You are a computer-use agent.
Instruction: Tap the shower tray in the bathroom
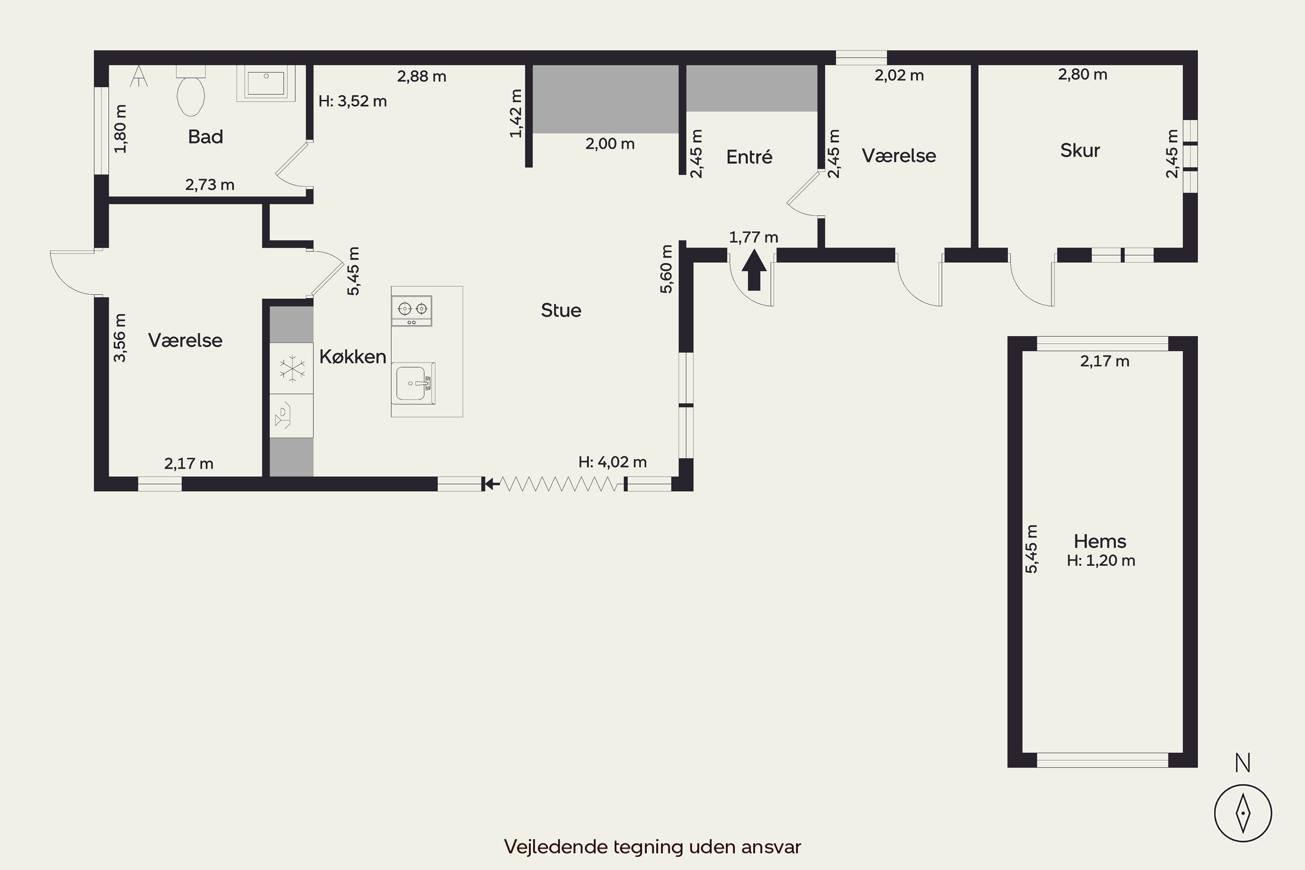(x=266, y=83)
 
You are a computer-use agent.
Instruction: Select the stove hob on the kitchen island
(x=412, y=311)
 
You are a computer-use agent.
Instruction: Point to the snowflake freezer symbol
(x=292, y=369)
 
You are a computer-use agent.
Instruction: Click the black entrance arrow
(x=754, y=270)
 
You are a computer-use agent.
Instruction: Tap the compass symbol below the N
(x=1243, y=813)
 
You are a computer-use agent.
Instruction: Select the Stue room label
(x=561, y=310)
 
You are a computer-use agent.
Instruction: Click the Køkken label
(x=352, y=357)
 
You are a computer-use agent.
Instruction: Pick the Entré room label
(x=749, y=157)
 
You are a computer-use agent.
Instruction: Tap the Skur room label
(x=1080, y=151)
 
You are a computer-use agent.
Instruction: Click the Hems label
(x=1100, y=541)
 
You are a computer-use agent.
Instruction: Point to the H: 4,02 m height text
(x=612, y=462)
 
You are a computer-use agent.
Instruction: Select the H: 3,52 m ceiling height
(x=352, y=101)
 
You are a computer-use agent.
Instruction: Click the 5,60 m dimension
(x=666, y=269)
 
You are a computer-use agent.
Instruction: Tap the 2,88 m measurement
(x=422, y=77)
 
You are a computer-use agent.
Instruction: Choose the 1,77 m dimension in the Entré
(x=753, y=238)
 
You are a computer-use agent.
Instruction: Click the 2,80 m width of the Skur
(x=1083, y=74)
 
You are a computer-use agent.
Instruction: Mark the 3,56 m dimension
(x=120, y=338)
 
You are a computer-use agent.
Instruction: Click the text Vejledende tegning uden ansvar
(x=652, y=847)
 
